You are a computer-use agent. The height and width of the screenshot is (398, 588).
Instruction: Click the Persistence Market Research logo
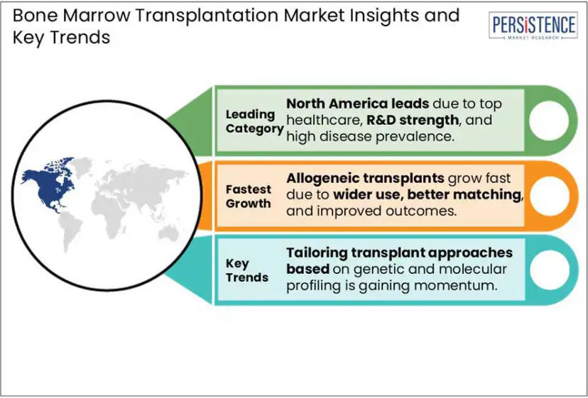pos(533,26)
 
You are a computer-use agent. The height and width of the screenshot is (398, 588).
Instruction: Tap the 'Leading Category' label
pos(254,121)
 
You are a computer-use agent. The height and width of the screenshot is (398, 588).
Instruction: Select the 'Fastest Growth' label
pos(249,197)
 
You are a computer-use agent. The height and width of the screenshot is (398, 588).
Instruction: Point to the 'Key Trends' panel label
pos(247,270)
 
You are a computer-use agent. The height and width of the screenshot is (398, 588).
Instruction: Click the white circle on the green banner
pos(549,121)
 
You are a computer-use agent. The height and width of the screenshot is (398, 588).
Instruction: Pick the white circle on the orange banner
pos(550,195)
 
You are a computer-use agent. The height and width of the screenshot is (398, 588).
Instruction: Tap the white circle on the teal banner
pos(550,270)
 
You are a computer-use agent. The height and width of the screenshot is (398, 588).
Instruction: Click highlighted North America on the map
pos(49,184)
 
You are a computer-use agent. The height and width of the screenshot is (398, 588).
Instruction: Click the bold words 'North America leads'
pos(358,104)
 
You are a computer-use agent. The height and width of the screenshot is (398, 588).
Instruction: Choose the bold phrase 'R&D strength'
pos(413,120)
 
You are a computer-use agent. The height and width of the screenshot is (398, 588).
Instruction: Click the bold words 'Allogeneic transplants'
pos(365,178)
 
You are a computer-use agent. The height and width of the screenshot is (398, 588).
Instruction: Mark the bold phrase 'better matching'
pos(465,194)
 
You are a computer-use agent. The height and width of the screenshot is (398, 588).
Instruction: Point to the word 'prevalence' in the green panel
pos(415,137)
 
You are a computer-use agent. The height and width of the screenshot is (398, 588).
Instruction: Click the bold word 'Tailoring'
pos(317,253)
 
